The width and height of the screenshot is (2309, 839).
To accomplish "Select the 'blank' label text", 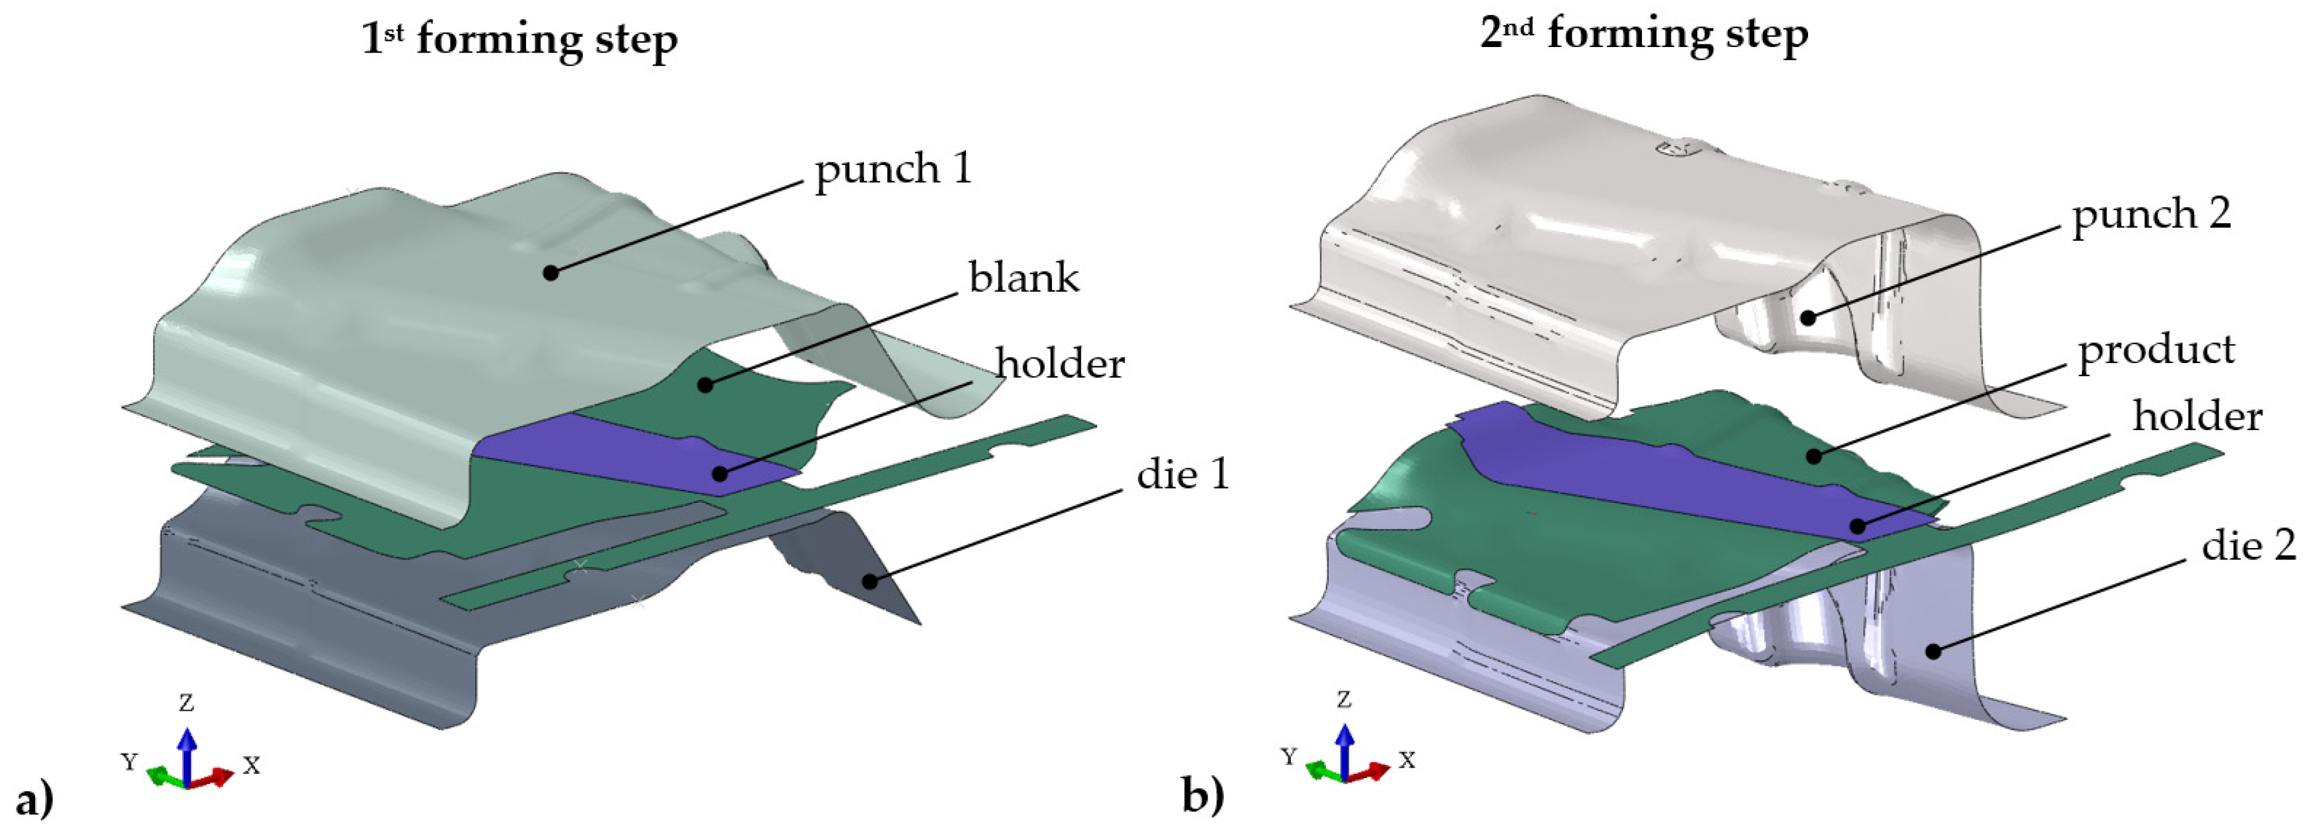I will click(x=1024, y=278).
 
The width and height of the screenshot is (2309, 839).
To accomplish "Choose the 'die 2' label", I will click(x=2248, y=544).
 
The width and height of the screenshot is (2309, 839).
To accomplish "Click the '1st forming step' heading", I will click(x=519, y=40).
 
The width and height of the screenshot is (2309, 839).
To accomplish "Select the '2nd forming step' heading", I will click(x=1642, y=36).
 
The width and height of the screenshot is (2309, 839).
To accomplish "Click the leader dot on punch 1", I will click(x=551, y=272).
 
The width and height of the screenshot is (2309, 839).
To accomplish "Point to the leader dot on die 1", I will click(x=868, y=581).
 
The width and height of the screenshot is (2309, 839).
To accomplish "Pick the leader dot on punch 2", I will click(x=1809, y=317).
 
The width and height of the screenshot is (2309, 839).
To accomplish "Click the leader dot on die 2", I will click(x=1933, y=651).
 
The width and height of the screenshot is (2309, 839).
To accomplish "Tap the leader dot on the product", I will click(x=1813, y=456).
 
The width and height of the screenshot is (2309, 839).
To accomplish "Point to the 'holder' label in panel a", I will click(x=1060, y=364).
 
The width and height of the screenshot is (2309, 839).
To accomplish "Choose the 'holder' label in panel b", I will click(x=2197, y=417).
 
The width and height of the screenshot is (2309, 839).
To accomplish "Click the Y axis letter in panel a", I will click(x=130, y=762).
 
